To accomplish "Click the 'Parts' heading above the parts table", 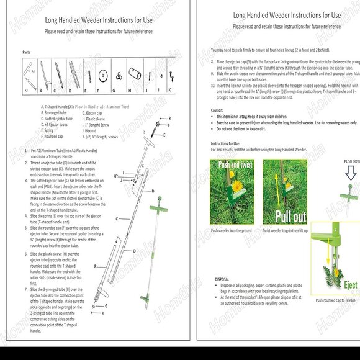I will [26, 53].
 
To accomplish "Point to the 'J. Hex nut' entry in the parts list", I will [91, 130].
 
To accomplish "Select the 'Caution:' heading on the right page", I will [217, 110].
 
